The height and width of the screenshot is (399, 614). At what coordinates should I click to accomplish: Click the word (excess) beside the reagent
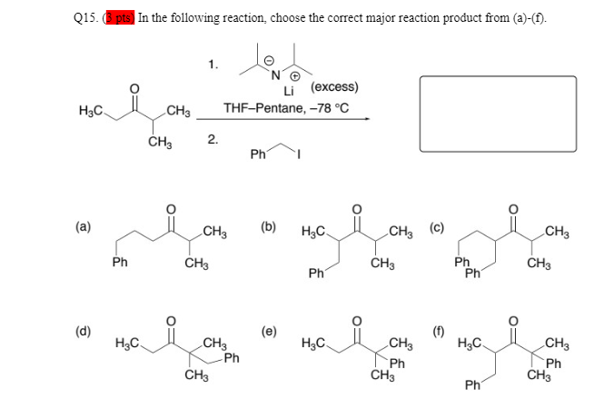[x=334, y=87]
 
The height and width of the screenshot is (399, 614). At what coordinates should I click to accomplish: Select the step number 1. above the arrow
[x=213, y=64]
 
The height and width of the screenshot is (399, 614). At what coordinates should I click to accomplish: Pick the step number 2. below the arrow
[x=213, y=138]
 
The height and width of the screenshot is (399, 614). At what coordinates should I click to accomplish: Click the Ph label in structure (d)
[x=233, y=358]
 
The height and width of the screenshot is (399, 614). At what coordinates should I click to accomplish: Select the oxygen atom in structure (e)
[x=356, y=320]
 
